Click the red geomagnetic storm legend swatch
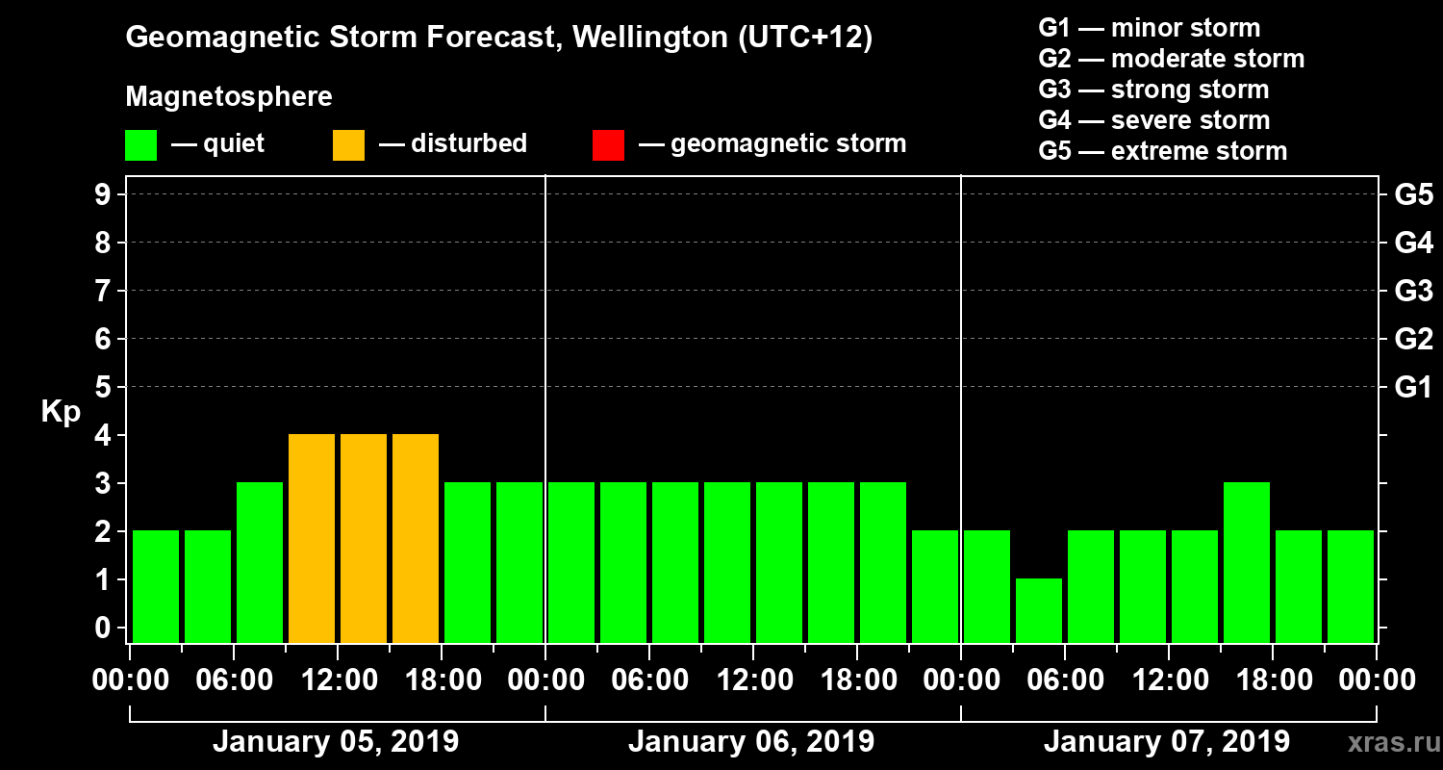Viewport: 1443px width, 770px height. pos(608,144)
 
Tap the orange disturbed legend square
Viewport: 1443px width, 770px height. pos(348,144)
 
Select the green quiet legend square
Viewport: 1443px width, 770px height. pos(140,144)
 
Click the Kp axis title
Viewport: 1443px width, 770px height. pos(60,412)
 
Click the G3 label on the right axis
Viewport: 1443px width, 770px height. pos(1413,291)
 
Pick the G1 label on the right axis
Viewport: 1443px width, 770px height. pos(1413,388)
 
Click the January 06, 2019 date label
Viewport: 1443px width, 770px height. pos(751,742)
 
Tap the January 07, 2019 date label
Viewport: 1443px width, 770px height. pos(1167,742)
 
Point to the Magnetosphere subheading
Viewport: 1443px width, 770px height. pos(229,97)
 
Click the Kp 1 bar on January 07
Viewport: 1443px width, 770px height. pos(1039,610)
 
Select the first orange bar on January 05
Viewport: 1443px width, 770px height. pos(312,538)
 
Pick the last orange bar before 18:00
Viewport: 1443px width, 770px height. pos(416,538)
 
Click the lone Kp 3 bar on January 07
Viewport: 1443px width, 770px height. pos(1247,562)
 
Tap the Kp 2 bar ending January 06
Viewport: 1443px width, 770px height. pos(935,586)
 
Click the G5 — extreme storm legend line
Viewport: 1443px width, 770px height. pos(1162,151)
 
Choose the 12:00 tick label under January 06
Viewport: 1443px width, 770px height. pos(753,680)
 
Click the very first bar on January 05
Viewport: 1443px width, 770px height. pos(156,586)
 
